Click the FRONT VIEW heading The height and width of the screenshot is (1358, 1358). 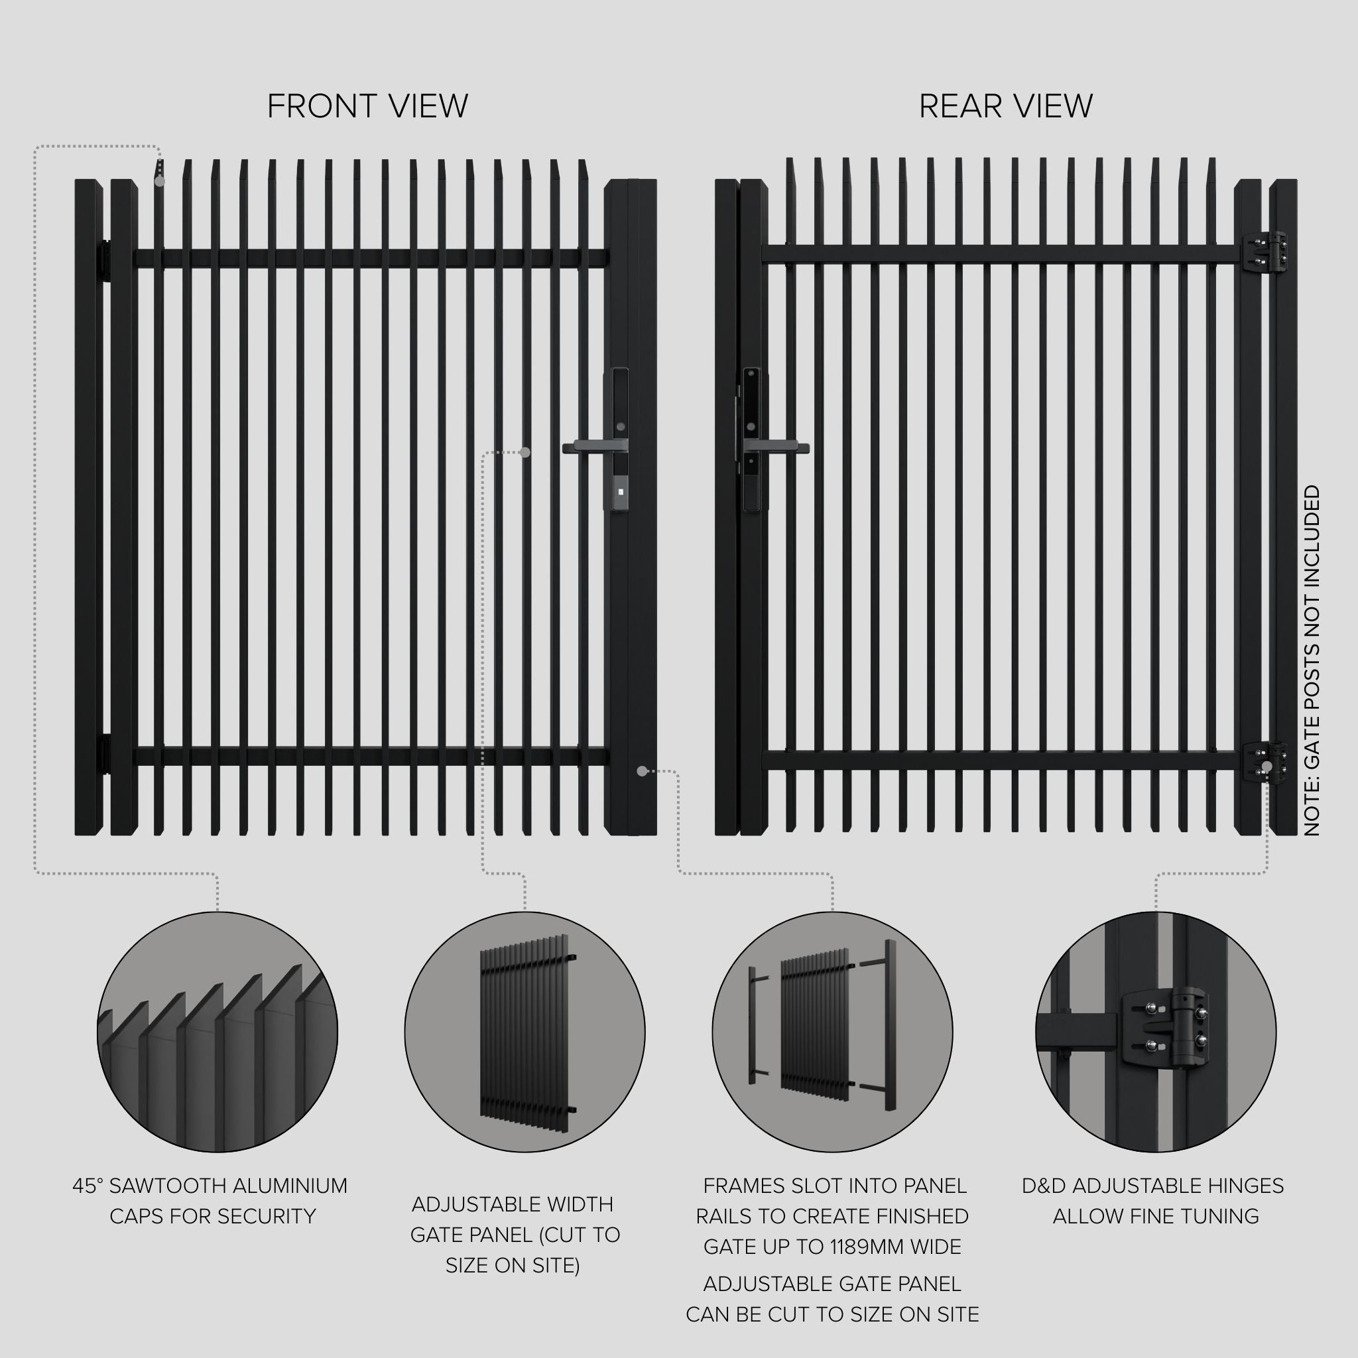pyautogui.click(x=367, y=106)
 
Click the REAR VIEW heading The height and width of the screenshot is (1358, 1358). pyautogui.click(x=1005, y=106)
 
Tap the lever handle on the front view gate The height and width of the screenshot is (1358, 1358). pyautogui.click(x=590, y=446)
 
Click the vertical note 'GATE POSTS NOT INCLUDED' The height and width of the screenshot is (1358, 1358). pyautogui.click(x=1312, y=660)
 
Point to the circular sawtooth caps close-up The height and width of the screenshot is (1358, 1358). pyautogui.click(x=217, y=1032)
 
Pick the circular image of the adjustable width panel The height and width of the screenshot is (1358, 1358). pyautogui.click(x=525, y=1032)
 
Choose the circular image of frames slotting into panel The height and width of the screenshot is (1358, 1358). pyautogui.click(x=832, y=1032)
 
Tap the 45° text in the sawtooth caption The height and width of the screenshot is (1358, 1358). pyautogui.click(x=89, y=1186)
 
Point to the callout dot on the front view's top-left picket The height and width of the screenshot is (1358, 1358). pyautogui.click(x=160, y=181)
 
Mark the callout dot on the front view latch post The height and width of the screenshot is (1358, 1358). pyautogui.click(x=642, y=771)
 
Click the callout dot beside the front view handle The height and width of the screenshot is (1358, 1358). pyautogui.click(x=525, y=453)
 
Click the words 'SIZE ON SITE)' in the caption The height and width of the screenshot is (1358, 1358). pyautogui.click(x=513, y=1266)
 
